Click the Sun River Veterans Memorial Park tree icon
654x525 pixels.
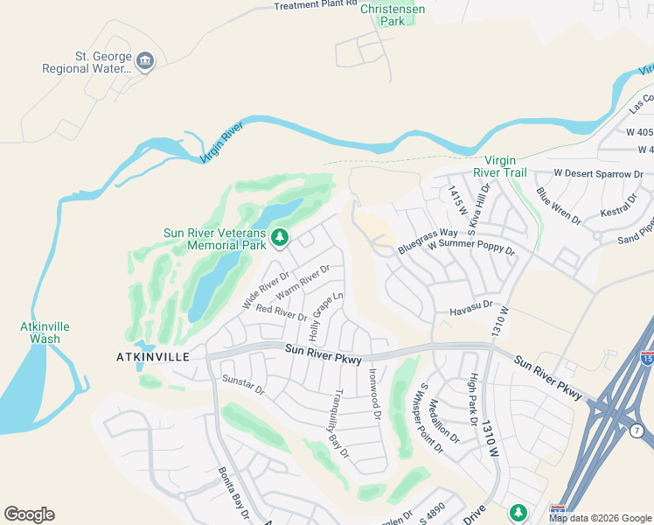tap(280, 236)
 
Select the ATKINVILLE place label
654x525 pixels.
tap(153, 357)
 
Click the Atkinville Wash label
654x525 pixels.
tap(45, 332)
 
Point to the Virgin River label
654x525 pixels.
tap(220, 143)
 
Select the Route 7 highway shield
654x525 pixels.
tap(636, 430)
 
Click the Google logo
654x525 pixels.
tap(29, 514)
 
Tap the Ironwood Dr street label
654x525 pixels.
tap(375, 393)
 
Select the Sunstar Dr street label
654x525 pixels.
tap(243, 385)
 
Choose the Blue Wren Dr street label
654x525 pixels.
tap(559, 206)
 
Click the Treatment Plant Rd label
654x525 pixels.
tap(316, 5)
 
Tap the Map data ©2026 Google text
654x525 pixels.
tap(600, 518)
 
